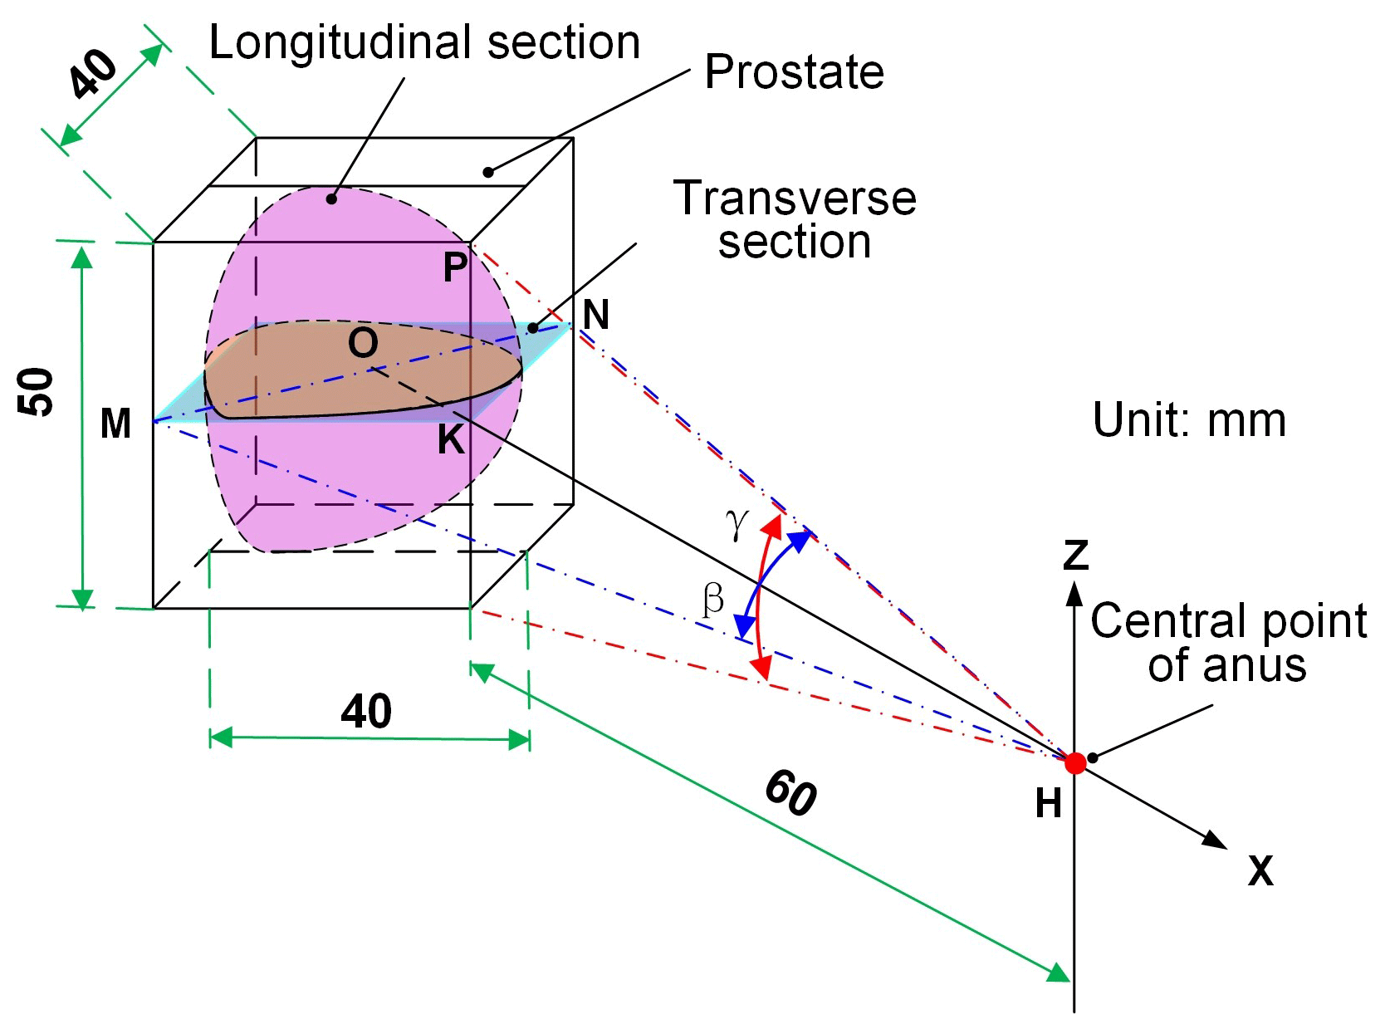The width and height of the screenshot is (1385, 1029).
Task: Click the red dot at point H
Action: pos(1074,762)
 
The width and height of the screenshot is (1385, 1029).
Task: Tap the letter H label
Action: pos(1049,804)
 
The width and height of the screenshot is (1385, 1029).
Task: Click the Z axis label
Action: pos(1076,555)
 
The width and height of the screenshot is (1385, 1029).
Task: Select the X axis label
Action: pos(1260,871)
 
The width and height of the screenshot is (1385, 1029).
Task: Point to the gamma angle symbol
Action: pos(737,523)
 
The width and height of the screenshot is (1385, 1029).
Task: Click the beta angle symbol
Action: pos(712,598)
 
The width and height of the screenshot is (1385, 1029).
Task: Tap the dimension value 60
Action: pos(790,793)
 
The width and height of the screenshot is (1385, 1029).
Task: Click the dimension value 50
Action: pos(38,391)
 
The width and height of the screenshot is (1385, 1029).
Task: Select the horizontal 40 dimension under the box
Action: pos(366,712)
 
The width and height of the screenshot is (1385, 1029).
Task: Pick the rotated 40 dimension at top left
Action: pos(93,73)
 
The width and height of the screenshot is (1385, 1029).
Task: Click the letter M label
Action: pos(115,424)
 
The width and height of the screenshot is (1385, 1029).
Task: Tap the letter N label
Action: pos(596,316)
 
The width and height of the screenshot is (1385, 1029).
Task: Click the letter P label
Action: pos(455,267)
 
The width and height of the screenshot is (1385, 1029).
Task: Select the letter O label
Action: pos(363,342)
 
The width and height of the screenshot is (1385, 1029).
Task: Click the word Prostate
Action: pos(794,72)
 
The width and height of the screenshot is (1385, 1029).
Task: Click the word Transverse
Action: pos(795,198)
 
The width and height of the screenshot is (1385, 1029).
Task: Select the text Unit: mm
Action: pos(1189,420)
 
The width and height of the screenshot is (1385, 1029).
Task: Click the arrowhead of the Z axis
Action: pos(1074,593)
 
